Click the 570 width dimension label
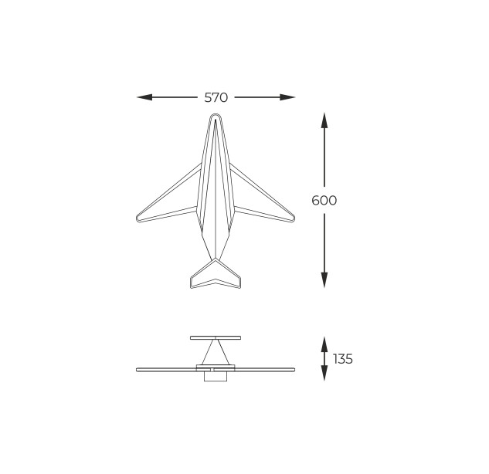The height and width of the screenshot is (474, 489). [x=216, y=97]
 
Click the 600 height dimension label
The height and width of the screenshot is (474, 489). [x=324, y=201]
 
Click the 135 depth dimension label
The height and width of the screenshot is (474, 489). [x=343, y=359]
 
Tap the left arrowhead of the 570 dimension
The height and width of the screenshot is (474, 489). [x=144, y=97]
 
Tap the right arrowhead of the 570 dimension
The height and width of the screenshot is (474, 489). [x=287, y=97]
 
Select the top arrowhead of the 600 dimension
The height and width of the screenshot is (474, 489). [x=324, y=120]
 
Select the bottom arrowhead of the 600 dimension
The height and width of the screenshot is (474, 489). [x=324, y=280]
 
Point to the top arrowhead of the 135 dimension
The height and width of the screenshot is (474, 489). [x=324, y=344]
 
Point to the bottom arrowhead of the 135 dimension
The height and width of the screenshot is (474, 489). [x=324, y=373]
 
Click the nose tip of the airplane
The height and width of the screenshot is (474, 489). [x=216, y=114]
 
